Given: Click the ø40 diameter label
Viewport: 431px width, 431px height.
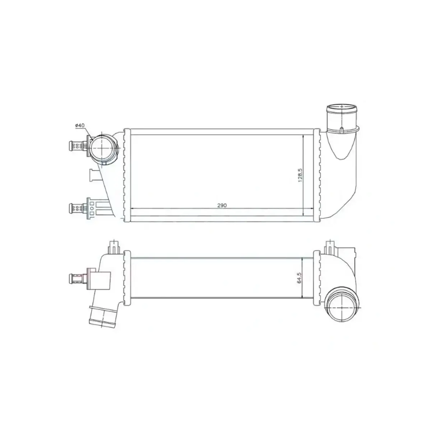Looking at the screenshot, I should coord(79,125).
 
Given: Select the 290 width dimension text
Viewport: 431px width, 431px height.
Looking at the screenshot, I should coord(222,205).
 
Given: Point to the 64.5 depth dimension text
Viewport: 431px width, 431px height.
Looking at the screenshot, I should coord(300,278).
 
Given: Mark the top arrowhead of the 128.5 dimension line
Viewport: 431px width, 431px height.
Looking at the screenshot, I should coord(304,137).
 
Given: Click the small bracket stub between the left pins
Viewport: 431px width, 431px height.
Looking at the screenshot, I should coord(94,176).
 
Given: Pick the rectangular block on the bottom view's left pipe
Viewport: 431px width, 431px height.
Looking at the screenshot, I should coord(101,279).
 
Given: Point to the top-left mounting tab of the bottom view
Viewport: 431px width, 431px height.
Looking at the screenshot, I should coord(113,246).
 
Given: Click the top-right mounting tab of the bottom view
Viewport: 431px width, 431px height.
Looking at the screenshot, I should coord(329,246).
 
